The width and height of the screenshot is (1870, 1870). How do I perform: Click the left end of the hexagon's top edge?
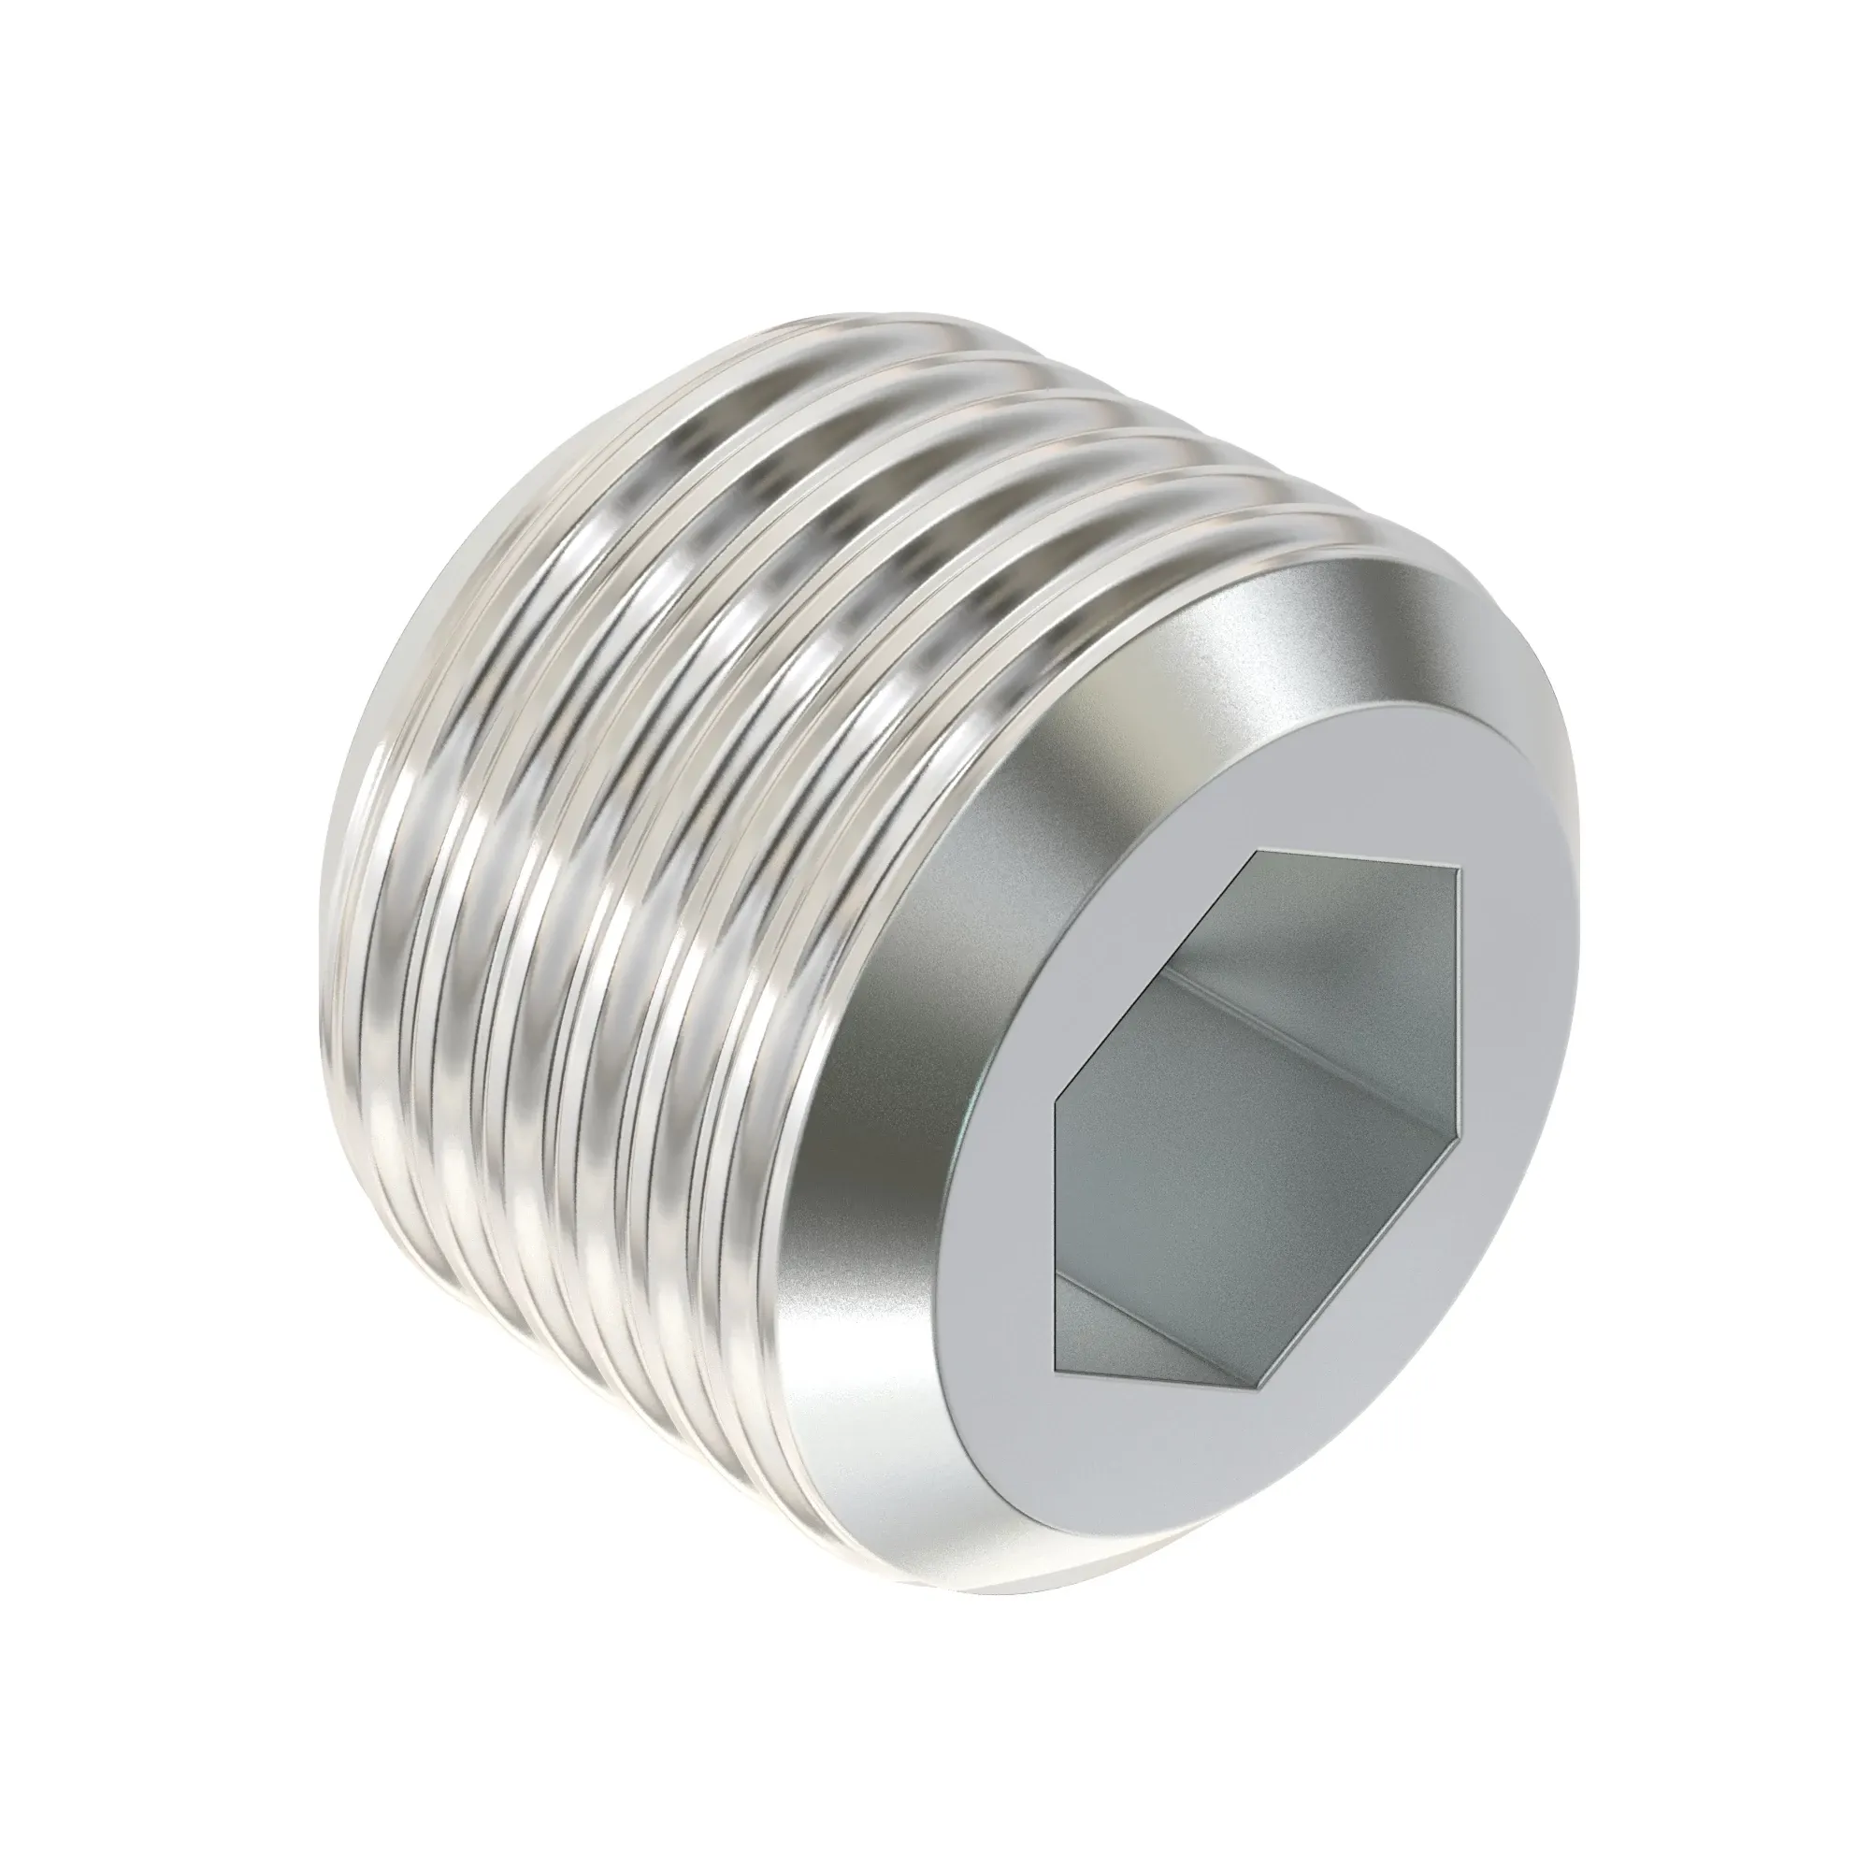click(x=1256, y=853)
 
